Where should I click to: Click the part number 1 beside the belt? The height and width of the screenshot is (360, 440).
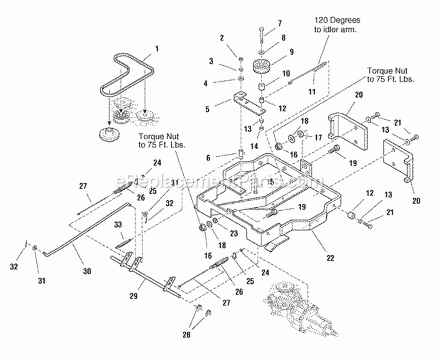pos(157,49)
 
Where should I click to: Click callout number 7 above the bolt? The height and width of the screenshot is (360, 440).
pos(279,23)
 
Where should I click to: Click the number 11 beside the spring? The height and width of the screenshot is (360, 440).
pos(312,92)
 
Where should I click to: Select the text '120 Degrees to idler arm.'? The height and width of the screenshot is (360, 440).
pos(337,25)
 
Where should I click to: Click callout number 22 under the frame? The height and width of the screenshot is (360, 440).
pos(330,257)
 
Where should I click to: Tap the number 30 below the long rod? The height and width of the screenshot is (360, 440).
pos(87,271)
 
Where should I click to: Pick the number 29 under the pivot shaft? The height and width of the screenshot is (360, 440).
pos(134,296)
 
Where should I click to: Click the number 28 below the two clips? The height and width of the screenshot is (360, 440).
pos(187,334)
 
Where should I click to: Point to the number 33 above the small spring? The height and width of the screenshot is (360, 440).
pos(118,224)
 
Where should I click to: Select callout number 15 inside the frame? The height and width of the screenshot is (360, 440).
pos(270,181)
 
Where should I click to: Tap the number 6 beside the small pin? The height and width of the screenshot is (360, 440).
pos(208,158)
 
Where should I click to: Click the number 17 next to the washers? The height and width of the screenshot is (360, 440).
pos(318,137)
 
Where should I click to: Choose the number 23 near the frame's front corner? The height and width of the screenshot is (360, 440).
pos(233,233)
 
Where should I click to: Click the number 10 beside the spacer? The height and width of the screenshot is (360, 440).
pos(286,73)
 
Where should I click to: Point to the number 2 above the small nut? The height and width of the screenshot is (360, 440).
pos(222,38)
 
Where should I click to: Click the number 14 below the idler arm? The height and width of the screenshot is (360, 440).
pos(254,146)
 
